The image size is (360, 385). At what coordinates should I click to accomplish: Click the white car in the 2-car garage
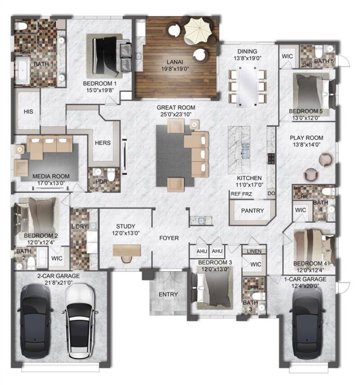(79, 321)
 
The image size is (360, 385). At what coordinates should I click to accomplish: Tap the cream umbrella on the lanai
(198, 31)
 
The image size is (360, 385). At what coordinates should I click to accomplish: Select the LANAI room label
(175, 62)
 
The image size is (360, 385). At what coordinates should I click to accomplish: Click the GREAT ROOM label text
(176, 107)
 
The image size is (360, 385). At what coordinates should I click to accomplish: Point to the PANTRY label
(252, 210)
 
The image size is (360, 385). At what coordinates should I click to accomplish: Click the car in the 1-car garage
(308, 324)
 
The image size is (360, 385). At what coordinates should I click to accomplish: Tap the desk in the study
(127, 251)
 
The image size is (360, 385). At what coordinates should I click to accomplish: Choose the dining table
(247, 85)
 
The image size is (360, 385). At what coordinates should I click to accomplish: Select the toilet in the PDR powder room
(111, 175)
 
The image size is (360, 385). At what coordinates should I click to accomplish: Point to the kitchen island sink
(246, 151)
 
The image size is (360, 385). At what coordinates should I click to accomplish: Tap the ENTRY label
(168, 294)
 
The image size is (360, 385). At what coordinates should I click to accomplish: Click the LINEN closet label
(254, 251)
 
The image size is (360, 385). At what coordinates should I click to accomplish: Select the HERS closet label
(103, 143)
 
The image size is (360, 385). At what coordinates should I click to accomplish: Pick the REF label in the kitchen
(236, 194)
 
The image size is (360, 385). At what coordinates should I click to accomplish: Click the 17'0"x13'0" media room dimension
(51, 183)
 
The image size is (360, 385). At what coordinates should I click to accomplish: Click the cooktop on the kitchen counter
(271, 158)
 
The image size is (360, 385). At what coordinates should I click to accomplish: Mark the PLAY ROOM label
(306, 138)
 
